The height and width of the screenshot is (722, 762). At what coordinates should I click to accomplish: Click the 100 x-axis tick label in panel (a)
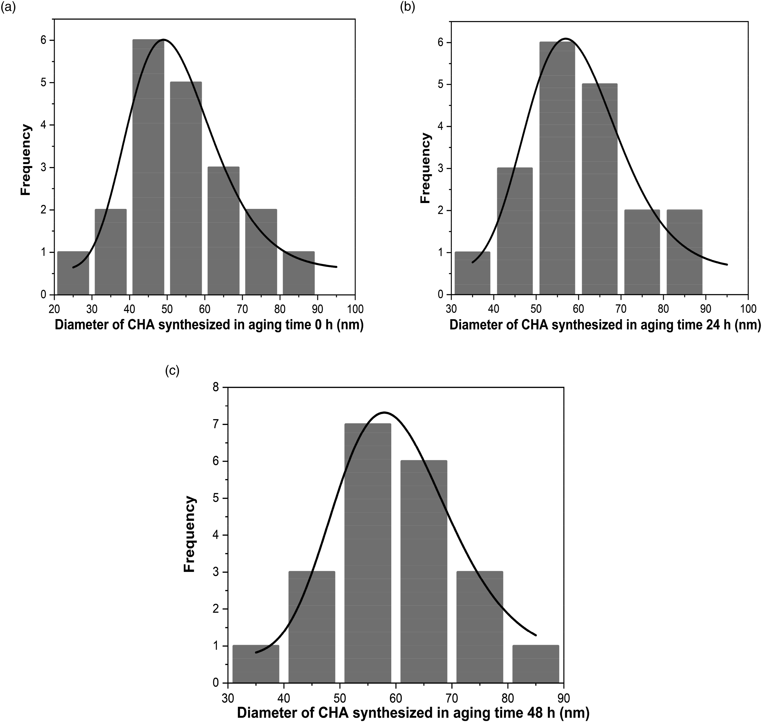tap(355, 309)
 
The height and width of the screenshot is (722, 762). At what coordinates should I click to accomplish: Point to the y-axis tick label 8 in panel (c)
tap(216, 387)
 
